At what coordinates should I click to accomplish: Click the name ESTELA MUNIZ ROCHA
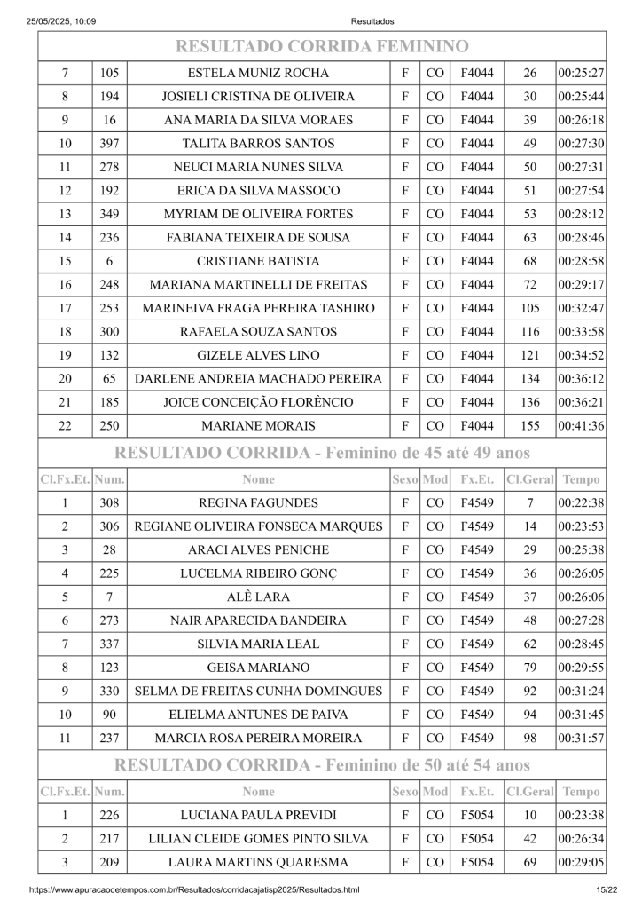click(x=258, y=73)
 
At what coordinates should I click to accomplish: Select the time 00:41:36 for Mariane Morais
click(x=581, y=426)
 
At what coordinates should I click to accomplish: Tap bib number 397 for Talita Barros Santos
click(x=109, y=144)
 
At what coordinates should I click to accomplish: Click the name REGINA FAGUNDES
click(x=258, y=503)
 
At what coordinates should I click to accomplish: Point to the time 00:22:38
click(x=581, y=503)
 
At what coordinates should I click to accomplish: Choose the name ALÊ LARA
click(x=258, y=597)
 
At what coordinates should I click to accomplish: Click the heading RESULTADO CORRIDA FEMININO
click(x=321, y=46)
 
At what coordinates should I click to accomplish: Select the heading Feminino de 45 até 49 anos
click(x=321, y=453)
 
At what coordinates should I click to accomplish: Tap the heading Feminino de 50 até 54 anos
click(x=321, y=764)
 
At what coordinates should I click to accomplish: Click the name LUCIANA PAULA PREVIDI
click(x=258, y=815)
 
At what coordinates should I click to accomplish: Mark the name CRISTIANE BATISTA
click(x=258, y=261)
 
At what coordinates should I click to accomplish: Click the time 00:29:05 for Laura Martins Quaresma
click(x=581, y=862)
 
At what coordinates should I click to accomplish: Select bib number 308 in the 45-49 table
click(x=109, y=503)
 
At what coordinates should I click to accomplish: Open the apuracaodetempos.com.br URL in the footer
click(x=194, y=889)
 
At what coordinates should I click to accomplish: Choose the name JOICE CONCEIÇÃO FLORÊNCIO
click(x=258, y=402)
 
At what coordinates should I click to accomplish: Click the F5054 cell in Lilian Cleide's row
click(x=477, y=839)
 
